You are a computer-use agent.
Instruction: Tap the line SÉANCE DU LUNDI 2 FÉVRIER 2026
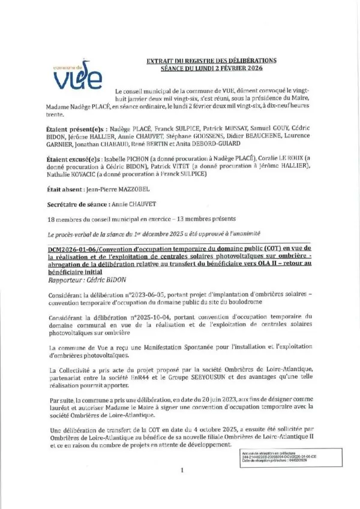tap(212, 68)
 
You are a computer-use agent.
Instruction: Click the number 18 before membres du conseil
tap(50, 219)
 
